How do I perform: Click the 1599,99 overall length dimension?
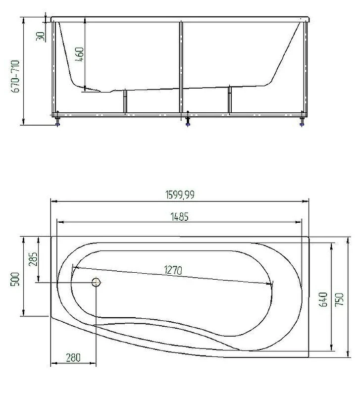click(180, 195)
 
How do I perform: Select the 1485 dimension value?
click(180, 217)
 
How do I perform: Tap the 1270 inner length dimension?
click(173, 270)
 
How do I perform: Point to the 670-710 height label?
click(16, 76)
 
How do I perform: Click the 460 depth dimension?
click(80, 54)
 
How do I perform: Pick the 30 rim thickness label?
click(41, 36)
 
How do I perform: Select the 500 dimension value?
click(15, 279)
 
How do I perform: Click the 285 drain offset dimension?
click(33, 259)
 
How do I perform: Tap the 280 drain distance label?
click(73, 357)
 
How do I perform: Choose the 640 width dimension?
click(324, 299)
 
